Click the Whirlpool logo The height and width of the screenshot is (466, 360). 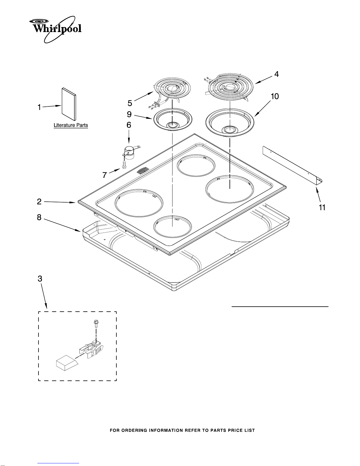click(x=55, y=29)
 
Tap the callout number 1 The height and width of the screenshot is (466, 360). click(x=39, y=107)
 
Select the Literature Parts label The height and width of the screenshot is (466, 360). click(x=71, y=125)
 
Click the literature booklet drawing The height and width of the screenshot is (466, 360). click(x=69, y=104)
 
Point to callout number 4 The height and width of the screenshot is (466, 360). click(x=277, y=74)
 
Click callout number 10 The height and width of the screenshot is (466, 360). click(x=275, y=96)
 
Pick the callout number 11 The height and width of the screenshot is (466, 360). click(x=322, y=207)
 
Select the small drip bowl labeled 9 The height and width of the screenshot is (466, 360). click(x=173, y=119)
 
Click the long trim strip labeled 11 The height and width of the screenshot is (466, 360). click(x=292, y=166)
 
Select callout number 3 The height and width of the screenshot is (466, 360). click(x=40, y=279)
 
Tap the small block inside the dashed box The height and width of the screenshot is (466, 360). click(x=67, y=363)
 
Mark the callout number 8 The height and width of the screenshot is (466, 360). click(x=39, y=217)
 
